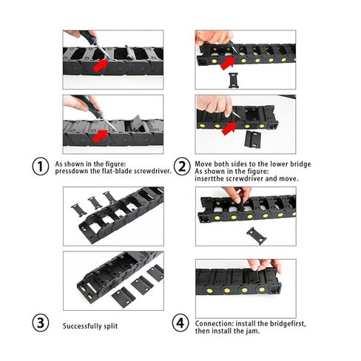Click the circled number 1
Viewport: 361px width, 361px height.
(41, 166)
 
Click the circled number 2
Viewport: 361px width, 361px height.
(181, 166)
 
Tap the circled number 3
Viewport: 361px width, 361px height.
(41, 323)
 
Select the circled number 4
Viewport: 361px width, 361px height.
(181, 323)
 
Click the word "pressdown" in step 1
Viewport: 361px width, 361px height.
(72, 170)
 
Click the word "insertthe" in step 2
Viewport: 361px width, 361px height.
(211, 178)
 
